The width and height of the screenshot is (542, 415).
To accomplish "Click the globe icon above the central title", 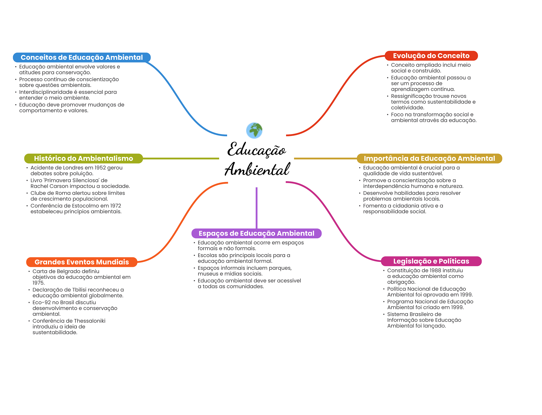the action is pos(254,130).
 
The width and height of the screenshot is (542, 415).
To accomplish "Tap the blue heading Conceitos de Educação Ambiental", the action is pos(82,57).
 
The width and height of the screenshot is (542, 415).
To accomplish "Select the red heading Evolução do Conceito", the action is pos(431,56).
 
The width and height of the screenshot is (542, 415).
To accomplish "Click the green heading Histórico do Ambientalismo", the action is pos(83,158).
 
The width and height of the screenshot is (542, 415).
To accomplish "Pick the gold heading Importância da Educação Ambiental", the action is pos(429,158).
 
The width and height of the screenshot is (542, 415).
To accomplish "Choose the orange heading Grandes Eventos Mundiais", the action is pos(82,262).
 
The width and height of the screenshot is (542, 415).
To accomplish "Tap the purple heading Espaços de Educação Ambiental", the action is pos(256,233).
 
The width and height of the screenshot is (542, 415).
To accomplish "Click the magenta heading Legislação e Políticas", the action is pos(431,261).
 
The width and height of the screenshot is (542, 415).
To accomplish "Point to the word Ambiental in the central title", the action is pos(257,169).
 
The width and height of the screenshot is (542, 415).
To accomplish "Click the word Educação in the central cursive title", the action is pos(256,150).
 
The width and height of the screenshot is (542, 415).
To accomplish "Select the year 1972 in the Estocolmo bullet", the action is pos(116,206).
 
